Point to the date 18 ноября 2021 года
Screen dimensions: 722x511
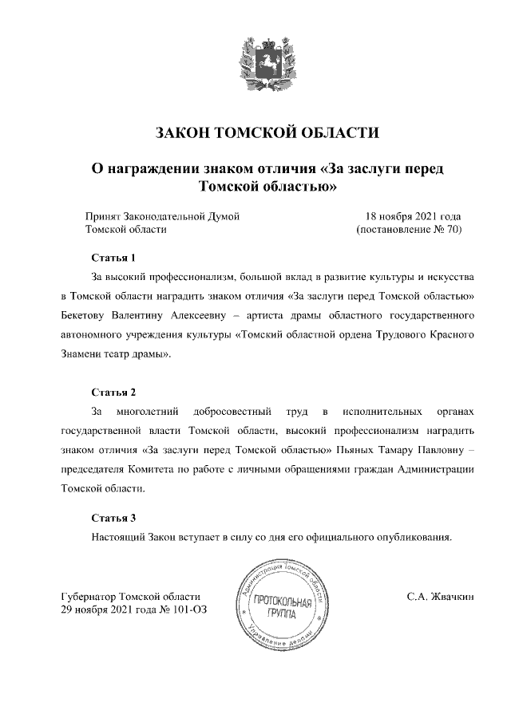(x=413, y=216)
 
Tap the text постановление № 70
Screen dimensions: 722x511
(x=409, y=230)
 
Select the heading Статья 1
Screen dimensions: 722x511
(x=114, y=258)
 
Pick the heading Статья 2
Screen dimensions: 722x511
(x=114, y=393)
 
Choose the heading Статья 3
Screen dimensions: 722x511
(x=114, y=518)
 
